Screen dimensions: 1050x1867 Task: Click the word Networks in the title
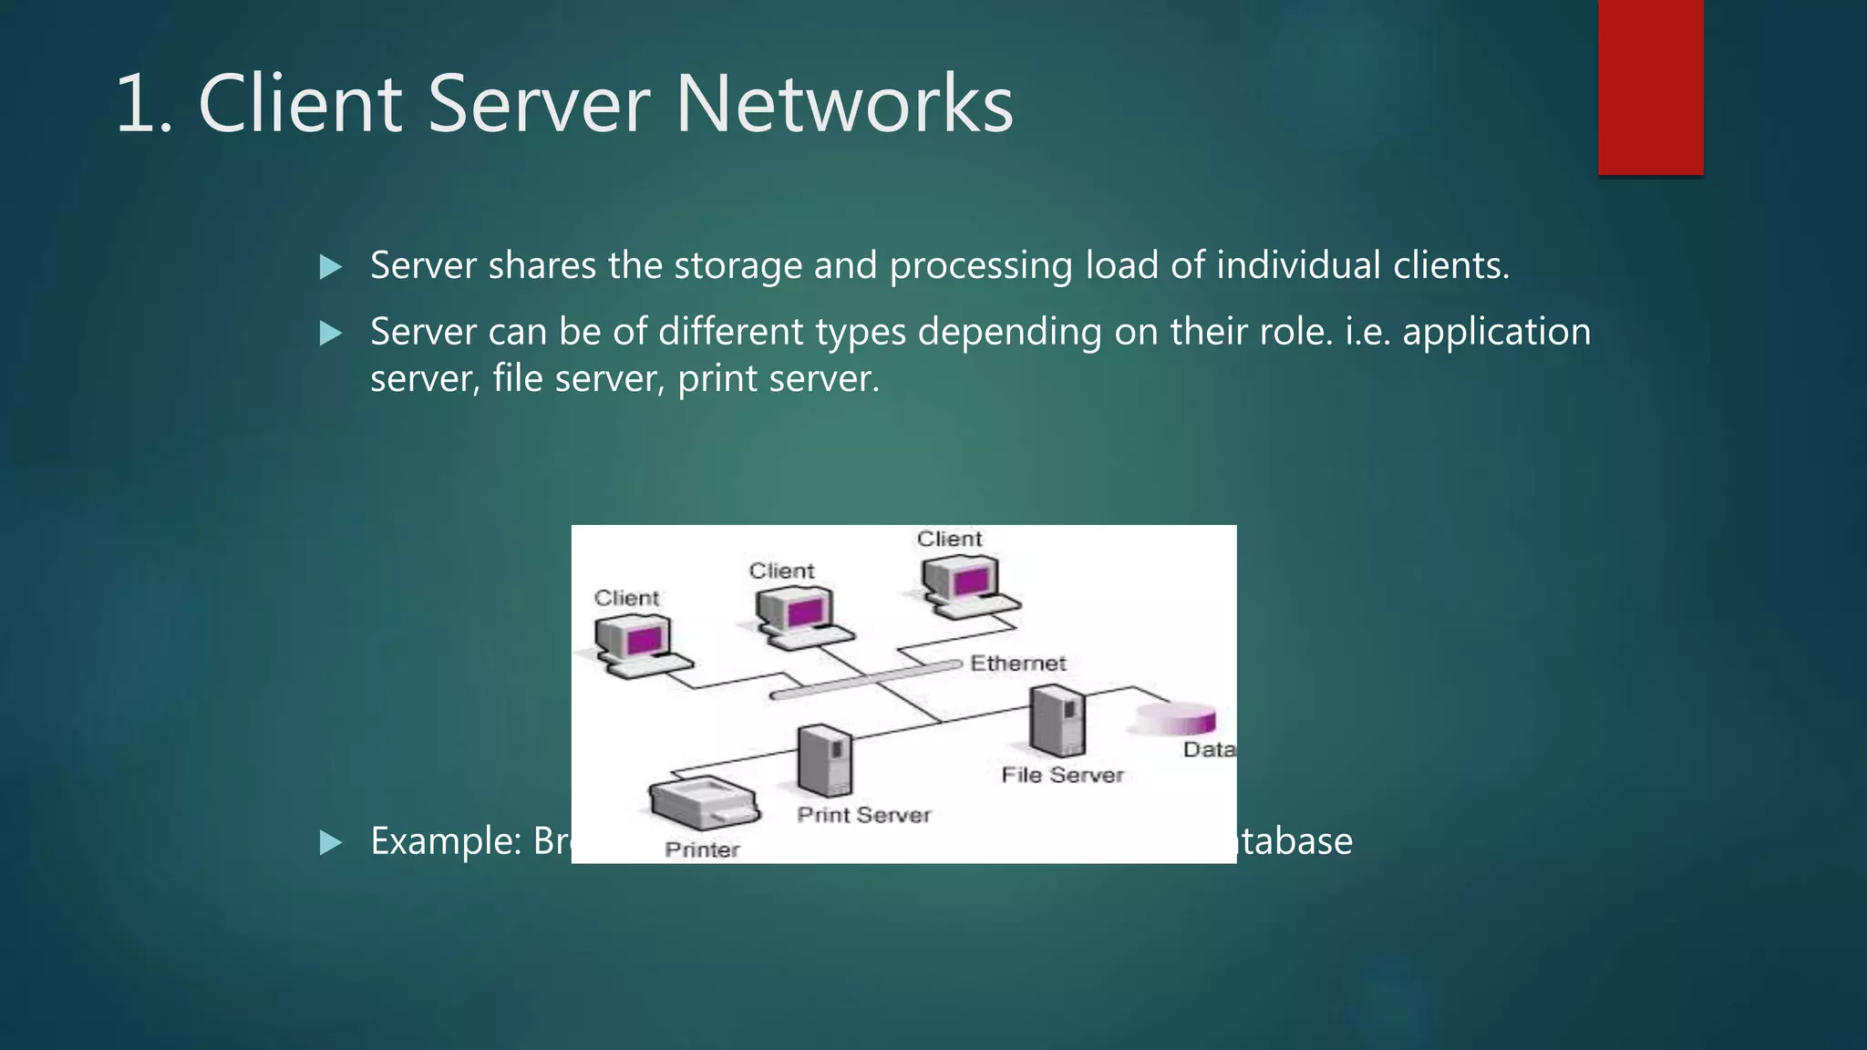coord(843,104)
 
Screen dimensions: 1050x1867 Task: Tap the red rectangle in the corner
coord(1650,87)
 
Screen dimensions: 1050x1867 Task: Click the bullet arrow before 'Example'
coord(331,842)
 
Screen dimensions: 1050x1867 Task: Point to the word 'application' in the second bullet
coord(1496,333)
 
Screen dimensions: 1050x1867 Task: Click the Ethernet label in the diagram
coord(1017,664)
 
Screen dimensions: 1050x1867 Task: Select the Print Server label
coord(863,815)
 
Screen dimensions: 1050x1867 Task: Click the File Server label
coord(1062,775)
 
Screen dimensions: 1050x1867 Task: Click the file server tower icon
coord(1057,720)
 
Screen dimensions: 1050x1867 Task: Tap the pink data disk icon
coord(1176,719)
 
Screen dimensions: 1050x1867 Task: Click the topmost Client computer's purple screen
coord(969,581)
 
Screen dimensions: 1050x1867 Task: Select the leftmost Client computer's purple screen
coord(643,640)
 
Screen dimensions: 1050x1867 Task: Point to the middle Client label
coord(781,571)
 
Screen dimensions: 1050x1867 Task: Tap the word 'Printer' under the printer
coord(702,849)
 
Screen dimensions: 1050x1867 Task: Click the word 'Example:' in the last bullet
coord(445,841)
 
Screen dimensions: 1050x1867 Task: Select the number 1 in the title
coord(137,104)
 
